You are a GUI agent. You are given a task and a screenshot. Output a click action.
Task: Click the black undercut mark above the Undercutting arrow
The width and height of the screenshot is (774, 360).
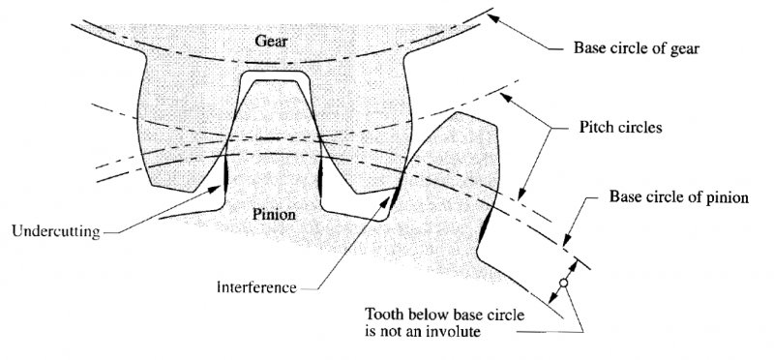[224, 173]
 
